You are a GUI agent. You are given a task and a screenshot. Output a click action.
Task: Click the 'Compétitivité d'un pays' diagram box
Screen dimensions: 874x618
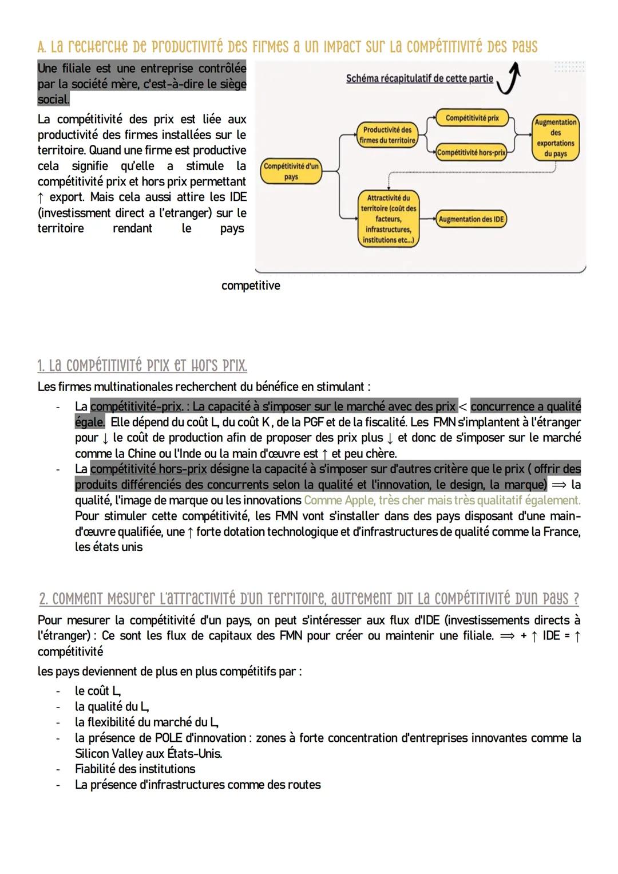(x=291, y=172)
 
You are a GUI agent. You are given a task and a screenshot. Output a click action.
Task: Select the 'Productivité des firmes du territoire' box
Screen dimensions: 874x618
(x=387, y=135)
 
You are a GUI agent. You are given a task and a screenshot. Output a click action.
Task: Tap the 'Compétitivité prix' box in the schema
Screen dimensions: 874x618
(x=472, y=118)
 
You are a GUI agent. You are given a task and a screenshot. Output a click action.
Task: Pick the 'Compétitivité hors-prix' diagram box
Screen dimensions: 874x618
(x=472, y=153)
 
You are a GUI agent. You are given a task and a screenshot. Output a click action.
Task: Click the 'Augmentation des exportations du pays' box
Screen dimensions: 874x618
(x=555, y=138)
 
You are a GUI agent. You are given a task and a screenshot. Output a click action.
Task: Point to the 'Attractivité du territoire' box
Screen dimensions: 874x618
(x=388, y=219)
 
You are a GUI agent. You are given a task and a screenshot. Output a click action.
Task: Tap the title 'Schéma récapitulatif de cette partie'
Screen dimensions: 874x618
(x=419, y=78)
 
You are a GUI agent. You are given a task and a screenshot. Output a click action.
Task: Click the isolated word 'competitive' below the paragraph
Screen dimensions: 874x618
(x=251, y=285)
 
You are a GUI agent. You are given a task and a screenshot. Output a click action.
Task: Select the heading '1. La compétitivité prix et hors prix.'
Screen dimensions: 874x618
(x=142, y=365)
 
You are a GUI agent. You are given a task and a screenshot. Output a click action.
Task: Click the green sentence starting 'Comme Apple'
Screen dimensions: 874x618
(x=442, y=500)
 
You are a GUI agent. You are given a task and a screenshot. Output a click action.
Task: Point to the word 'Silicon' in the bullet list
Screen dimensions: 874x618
(x=93, y=753)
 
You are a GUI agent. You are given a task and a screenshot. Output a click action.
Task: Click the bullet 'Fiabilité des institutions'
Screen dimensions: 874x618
(x=135, y=769)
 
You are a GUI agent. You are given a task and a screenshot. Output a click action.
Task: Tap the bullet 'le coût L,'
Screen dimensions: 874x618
(x=98, y=691)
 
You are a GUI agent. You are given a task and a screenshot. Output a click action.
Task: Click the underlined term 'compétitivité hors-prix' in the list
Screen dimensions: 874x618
(x=148, y=469)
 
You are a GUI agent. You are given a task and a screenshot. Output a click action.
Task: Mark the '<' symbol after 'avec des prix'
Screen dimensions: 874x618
(x=463, y=407)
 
